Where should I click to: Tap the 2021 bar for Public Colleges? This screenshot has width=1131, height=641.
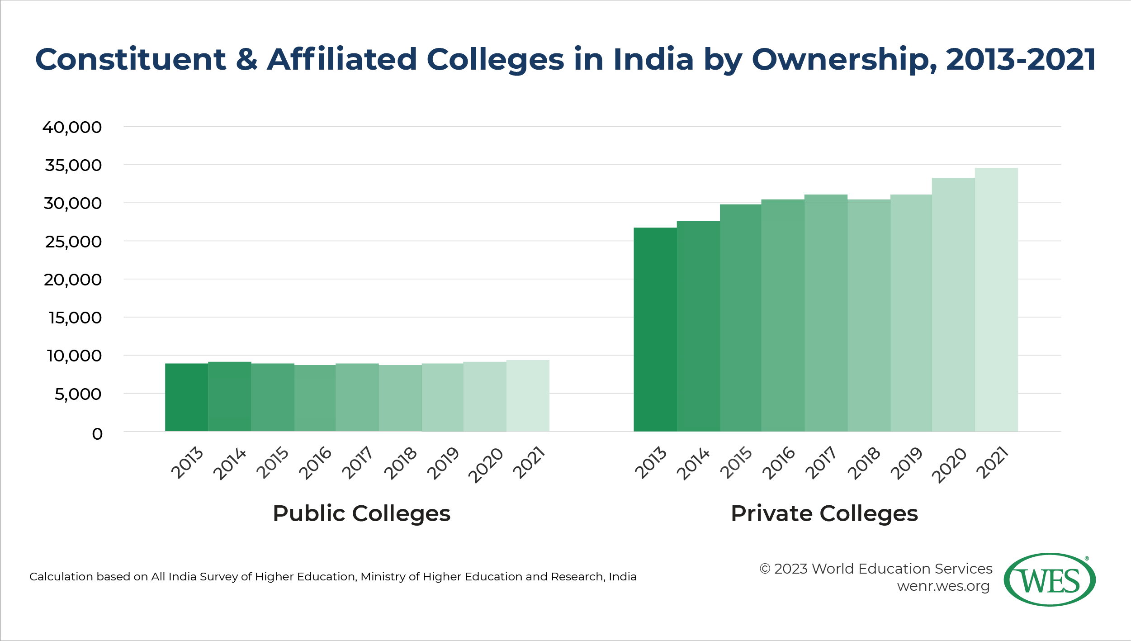click(x=528, y=396)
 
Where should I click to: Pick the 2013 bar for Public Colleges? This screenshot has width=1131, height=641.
click(x=186, y=397)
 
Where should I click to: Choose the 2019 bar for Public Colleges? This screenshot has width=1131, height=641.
click(x=442, y=397)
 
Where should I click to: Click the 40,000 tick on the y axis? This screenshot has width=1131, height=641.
click(x=72, y=127)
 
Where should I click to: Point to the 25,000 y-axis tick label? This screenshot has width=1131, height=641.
click(x=73, y=242)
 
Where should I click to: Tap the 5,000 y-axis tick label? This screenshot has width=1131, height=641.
click(x=78, y=394)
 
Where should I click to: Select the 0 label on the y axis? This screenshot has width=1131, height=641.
click(x=97, y=434)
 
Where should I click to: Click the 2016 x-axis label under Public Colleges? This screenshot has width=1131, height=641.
click(x=316, y=462)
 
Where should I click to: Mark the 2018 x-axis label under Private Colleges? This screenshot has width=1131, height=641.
click(x=864, y=463)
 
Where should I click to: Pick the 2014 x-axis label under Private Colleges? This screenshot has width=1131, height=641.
click(x=693, y=464)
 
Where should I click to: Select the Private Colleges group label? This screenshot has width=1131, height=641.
click(x=824, y=513)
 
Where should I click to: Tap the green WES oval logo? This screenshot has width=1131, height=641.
click(x=1049, y=579)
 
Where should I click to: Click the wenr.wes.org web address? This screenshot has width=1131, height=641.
click(x=943, y=586)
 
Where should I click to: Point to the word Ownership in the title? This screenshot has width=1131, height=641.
click(x=843, y=60)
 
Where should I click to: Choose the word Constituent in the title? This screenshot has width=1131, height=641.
click(x=131, y=60)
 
